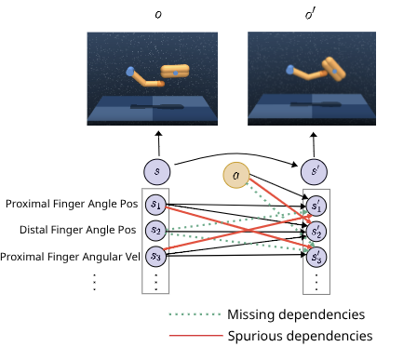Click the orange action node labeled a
point(237,175)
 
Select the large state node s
point(157,171)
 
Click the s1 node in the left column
point(157,204)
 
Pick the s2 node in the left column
point(157,230)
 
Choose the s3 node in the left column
point(157,255)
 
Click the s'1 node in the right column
point(317,204)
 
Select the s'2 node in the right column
point(317,230)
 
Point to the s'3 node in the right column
point(317,255)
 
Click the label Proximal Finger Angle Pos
point(71,204)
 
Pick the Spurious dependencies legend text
point(300,335)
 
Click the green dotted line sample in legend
point(195,313)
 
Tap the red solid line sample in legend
point(195,336)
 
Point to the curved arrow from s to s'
point(237,151)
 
